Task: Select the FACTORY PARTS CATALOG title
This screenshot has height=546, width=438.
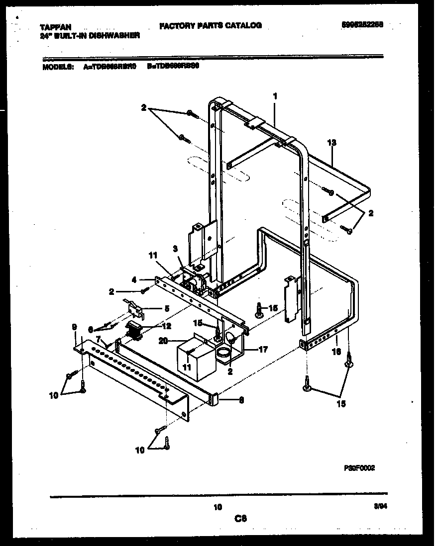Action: [x=210, y=25]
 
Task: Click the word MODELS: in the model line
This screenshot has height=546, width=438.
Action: [x=58, y=66]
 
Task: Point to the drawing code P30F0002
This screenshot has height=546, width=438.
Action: [x=359, y=468]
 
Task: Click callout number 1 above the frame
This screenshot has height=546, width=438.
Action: [x=275, y=95]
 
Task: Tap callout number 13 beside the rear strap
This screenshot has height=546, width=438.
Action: [x=332, y=142]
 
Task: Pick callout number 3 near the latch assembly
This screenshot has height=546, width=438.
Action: [x=175, y=248]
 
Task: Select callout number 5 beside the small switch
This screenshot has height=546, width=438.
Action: [x=167, y=308]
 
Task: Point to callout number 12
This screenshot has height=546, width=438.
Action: [x=166, y=326]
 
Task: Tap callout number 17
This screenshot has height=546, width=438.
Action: [x=262, y=350]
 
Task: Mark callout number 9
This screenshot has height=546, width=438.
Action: [x=74, y=327]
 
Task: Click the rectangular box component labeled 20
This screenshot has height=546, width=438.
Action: [x=196, y=357]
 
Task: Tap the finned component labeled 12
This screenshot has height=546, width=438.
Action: [x=134, y=330]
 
